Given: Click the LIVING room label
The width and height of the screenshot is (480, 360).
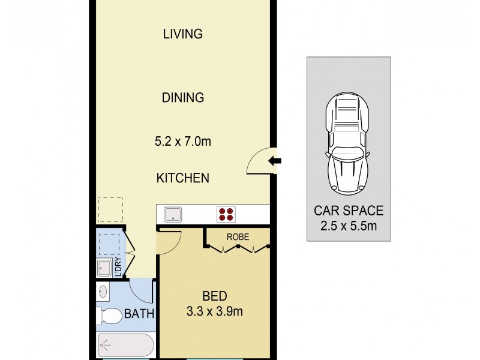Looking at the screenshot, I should click(x=183, y=34).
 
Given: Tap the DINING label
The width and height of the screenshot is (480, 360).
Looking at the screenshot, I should click(x=183, y=97).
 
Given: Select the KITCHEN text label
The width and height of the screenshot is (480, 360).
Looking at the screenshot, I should click(x=183, y=178).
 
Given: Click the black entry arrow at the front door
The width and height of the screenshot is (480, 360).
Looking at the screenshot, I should click(x=275, y=160).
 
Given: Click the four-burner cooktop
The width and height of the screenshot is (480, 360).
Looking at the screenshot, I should click(x=226, y=214).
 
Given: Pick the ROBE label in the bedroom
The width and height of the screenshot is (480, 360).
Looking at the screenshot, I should click(x=238, y=236).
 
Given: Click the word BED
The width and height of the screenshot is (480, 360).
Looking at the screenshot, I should click(x=214, y=296).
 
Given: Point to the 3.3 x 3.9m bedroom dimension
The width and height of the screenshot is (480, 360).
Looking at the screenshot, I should click(x=214, y=311).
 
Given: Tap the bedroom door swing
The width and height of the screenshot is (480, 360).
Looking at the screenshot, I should click(x=169, y=242).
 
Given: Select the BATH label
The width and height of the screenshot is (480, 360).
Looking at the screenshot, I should click(x=139, y=314).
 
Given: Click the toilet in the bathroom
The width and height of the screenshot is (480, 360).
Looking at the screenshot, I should click(x=109, y=315).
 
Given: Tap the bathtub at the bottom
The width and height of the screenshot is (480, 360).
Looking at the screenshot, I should click(x=125, y=346).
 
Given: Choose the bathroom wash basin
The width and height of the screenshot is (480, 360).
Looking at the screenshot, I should click(x=103, y=292).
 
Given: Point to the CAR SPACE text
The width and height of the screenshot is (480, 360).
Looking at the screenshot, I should click(x=349, y=211).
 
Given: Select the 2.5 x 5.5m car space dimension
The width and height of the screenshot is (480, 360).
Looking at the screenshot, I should click(x=349, y=227).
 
